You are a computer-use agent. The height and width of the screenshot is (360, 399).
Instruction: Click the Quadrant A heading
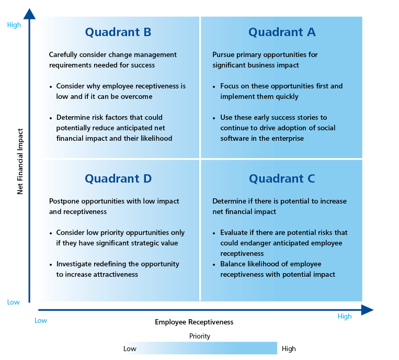click(x=282, y=32)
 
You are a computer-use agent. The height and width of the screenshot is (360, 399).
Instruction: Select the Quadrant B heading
click(x=118, y=32)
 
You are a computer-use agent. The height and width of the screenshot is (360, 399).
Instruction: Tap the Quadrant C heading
click(x=282, y=179)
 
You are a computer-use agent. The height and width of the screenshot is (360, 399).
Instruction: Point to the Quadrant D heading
click(x=118, y=179)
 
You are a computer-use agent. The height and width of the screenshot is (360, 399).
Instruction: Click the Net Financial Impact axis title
click(x=20, y=161)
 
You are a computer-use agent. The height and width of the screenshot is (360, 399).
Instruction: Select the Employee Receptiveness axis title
click(x=194, y=322)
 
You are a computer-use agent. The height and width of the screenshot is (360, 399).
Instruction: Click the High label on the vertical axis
click(x=14, y=25)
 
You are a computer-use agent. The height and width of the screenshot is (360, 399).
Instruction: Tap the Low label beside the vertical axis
click(x=14, y=302)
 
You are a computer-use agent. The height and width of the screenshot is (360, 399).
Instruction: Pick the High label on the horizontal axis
click(x=345, y=316)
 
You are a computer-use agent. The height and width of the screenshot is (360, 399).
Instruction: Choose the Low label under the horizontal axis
click(x=41, y=321)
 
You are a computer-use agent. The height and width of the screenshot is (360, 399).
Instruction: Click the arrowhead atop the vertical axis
click(x=29, y=14)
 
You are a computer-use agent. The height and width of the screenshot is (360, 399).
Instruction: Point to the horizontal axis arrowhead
click(x=368, y=310)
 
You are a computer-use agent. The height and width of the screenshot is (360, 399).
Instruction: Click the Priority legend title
click(x=200, y=336)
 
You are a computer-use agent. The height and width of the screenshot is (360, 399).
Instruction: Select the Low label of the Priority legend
click(x=130, y=349)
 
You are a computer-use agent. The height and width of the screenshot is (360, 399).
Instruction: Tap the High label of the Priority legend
click(x=289, y=348)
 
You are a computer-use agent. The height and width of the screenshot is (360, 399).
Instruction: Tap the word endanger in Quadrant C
click(x=256, y=243)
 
